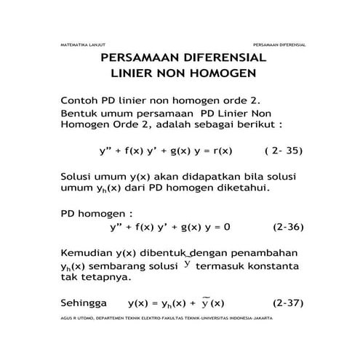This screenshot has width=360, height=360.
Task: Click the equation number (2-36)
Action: click(287, 227)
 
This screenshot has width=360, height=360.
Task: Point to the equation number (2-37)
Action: click(287, 302)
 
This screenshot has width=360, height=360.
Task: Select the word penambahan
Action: click(262, 252)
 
